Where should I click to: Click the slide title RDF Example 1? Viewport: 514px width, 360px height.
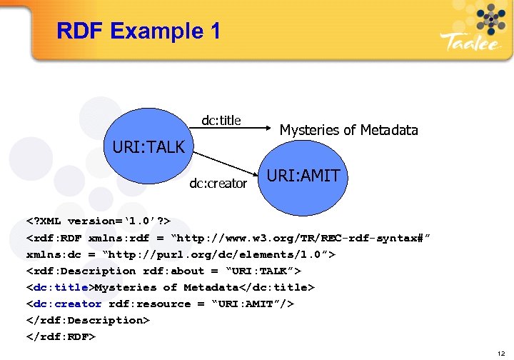138,31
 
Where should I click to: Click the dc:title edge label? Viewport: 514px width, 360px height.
221,121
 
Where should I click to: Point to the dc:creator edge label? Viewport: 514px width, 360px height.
218,184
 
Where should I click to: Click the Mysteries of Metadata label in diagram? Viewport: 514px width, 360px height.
348,129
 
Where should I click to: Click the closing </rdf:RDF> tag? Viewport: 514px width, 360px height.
61,336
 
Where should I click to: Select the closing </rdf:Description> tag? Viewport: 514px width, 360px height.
88,320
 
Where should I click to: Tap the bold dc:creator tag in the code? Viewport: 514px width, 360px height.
66,304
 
